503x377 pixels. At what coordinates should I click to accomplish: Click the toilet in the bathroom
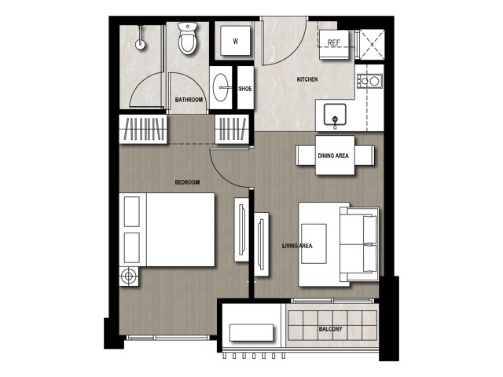point(187,38)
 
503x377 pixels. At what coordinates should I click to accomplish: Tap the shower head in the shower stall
point(140,44)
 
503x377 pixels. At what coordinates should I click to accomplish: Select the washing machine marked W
point(235,41)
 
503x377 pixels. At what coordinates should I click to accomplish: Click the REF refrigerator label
point(333,42)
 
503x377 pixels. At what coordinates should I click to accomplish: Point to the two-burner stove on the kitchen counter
point(370,81)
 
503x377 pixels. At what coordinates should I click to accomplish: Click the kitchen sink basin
point(335,114)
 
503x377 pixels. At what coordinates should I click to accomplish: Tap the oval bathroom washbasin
point(221,87)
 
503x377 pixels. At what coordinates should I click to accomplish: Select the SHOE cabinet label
point(245,89)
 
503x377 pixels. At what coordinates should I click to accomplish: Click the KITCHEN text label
point(307,79)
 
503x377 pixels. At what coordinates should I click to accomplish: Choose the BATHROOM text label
point(189,100)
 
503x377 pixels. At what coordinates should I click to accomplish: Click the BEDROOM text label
point(187,182)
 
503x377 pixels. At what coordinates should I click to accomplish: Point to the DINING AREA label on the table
point(333,156)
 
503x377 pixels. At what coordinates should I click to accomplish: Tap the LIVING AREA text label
point(297,246)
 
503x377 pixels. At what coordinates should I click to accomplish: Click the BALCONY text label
point(330,329)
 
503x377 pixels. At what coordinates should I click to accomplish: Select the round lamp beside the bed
point(129,276)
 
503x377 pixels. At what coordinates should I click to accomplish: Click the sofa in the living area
point(359,244)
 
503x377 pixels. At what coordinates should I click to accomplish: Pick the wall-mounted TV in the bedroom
point(242,229)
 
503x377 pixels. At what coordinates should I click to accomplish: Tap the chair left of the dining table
point(306,156)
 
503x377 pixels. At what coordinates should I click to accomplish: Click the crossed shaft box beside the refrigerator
point(372,45)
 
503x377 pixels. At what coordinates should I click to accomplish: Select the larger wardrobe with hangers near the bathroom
point(143,129)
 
